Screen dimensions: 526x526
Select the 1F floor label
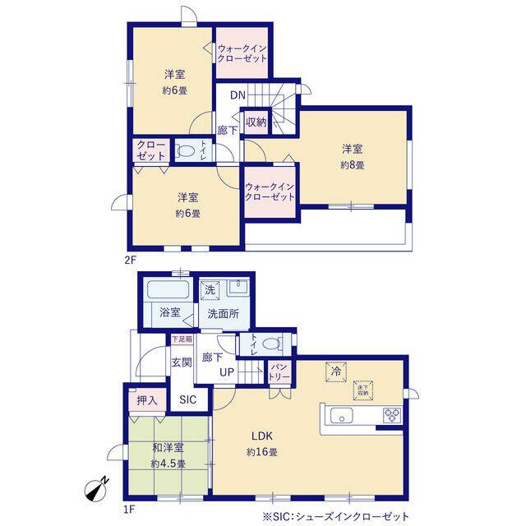click(129, 508)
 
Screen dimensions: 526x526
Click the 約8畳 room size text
click(353, 165)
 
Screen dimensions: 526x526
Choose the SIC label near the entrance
click(188, 399)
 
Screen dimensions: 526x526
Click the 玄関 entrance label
click(182, 362)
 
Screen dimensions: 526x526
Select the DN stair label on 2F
click(238, 95)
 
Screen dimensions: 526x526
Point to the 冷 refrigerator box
click(335, 371)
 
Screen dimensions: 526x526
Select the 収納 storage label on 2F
click(256, 122)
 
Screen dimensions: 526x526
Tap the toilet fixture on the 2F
click(186, 151)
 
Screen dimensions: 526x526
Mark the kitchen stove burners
click(391, 414)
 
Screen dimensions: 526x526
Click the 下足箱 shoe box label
click(182, 339)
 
